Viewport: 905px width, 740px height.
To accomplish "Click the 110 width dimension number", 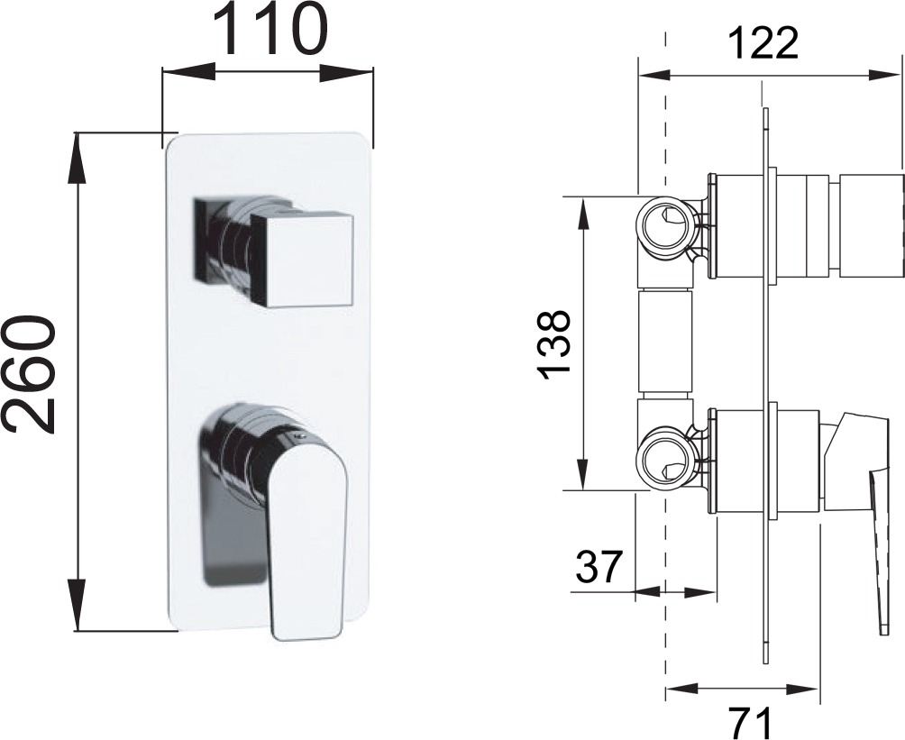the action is (270, 30).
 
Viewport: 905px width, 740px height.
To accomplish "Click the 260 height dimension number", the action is (28, 374).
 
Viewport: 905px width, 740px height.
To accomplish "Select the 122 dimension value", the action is (763, 42).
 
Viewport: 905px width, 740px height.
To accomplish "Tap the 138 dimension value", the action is (554, 345).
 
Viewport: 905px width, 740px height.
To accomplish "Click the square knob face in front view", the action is (301, 260).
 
